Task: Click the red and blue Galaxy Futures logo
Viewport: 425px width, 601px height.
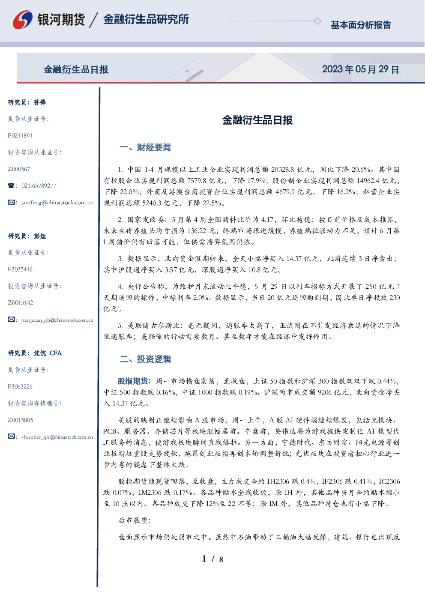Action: pyautogui.click(x=23, y=20)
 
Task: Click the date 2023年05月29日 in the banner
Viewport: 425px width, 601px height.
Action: pyautogui.click(x=360, y=69)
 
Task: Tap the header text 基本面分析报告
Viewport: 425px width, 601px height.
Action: pyautogui.click(x=361, y=25)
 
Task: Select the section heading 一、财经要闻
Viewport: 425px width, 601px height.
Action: pyautogui.click(x=145, y=147)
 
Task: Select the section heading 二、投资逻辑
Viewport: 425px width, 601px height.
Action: pyautogui.click(x=145, y=359)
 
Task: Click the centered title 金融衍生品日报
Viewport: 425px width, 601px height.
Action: pyautogui.click(x=257, y=120)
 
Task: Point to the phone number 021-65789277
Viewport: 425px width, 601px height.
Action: pyautogui.click(x=39, y=185)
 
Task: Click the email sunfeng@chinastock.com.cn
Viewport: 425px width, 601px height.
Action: pyautogui.click(x=57, y=203)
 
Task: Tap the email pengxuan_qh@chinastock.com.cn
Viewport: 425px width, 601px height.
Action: pyautogui.click(x=57, y=320)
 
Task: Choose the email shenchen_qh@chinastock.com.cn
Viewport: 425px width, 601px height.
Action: pyautogui.click(x=57, y=437)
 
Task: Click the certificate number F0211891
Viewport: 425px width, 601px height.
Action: pyautogui.click(x=20, y=135)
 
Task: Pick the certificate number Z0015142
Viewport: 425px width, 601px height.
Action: pyautogui.click(x=21, y=303)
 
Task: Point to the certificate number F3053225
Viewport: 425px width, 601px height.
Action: pyautogui.click(x=20, y=387)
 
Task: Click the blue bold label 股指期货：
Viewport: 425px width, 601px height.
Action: pyautogui.click(x=135, y=381)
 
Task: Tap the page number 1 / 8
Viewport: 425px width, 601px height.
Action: pyautogui.click(x=212, y=559)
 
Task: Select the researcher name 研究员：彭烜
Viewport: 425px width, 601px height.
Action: pyautogui.click(x=27, y=236)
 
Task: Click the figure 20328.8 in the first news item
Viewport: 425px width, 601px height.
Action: pyautogui.click(x=282, y=170)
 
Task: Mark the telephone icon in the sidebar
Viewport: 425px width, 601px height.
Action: pyautogui.click(x=11, y=185)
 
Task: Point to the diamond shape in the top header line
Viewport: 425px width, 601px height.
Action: pyautogui.click(x=317, y=21)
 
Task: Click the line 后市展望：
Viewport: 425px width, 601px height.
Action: pyautogui.click(x=135, y=520)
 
